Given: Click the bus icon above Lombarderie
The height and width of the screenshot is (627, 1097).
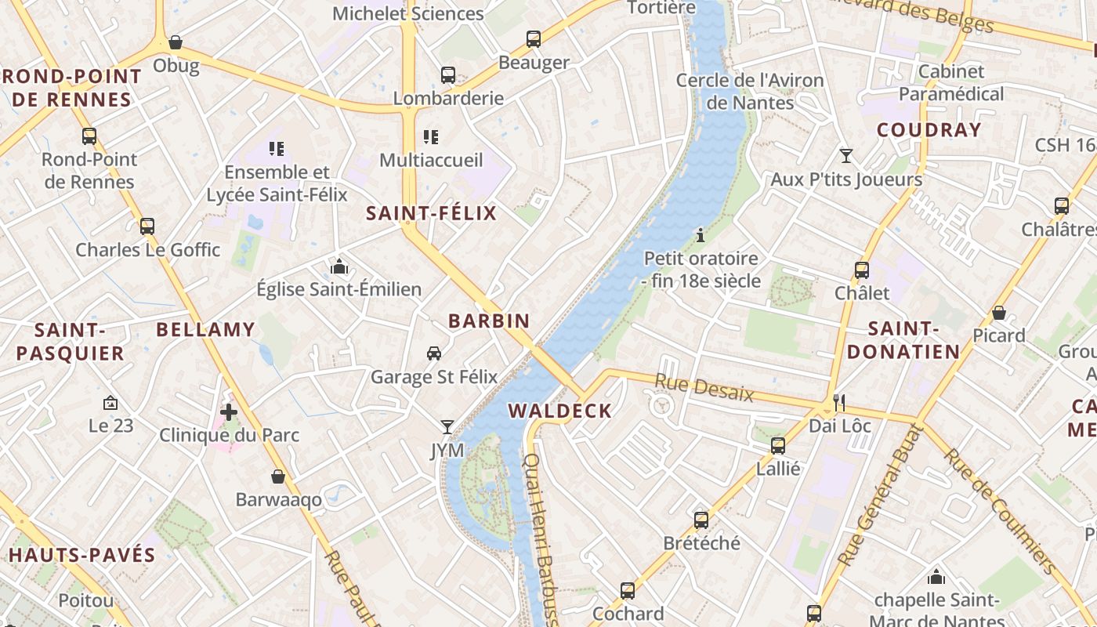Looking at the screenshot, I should click(447, 75).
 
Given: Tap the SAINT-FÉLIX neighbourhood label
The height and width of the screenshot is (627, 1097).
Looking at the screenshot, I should click(432, 213).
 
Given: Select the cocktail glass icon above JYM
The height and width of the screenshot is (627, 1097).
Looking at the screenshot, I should click(447, 427).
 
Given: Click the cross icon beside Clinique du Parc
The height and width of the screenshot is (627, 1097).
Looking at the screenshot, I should click(228, 411).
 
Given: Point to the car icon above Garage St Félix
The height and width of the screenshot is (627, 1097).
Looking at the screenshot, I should click(433, 353).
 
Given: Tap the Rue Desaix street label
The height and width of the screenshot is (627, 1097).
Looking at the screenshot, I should click(704, 387).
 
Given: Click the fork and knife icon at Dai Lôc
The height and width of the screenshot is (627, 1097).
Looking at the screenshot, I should click(839, 403).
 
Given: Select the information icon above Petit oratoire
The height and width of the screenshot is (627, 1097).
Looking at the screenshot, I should click(701, 235).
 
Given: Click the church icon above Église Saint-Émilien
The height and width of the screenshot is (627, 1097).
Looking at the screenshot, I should click(339, 266).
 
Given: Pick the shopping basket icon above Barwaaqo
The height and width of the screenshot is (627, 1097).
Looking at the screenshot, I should click(277, 477).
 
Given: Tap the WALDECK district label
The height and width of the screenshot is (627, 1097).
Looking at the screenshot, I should click(559, 411).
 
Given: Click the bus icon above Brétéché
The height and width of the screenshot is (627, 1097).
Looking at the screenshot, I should click(701, 520).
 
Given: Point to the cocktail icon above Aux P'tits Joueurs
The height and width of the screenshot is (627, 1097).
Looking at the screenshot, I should click(845, 156).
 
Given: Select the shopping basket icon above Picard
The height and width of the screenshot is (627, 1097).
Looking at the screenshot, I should click(998, 313).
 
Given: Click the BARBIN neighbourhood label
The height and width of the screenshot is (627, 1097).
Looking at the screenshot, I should click(489, 321).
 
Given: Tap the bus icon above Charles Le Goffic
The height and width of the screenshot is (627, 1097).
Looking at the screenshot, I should click(147, 227).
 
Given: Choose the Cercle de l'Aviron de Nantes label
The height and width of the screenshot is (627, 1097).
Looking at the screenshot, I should click(750, 92).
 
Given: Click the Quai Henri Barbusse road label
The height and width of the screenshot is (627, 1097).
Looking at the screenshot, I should click(540, 541).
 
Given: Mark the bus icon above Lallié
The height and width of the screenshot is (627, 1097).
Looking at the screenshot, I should click(777, 446).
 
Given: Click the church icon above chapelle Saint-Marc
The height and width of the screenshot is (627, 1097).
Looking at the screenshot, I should click(936, 578).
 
